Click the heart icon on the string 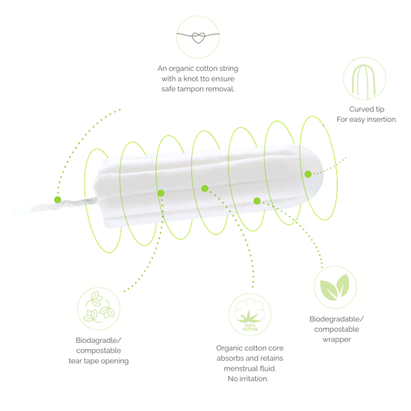click(198, 38)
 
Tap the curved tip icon click(365, 78)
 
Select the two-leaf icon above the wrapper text click(335, 287)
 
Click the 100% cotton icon click(250, 315)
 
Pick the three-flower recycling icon click(99, 308)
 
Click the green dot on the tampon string click(58, 200)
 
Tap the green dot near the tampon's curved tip click(308, 174)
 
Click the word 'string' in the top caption click(229, 69)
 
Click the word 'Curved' click(359, 109)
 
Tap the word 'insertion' click(382, 120)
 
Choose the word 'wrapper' click(336, 340)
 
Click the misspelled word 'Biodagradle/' click(99, 340)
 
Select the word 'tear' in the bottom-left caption click(74, 361)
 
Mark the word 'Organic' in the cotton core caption click(228, 348)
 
